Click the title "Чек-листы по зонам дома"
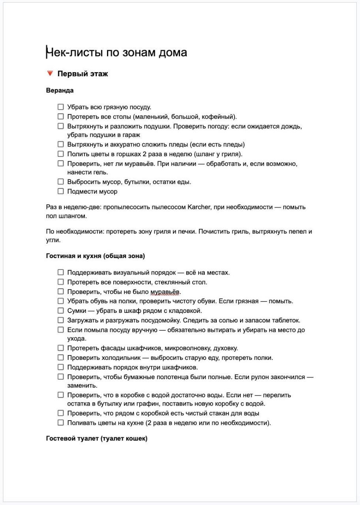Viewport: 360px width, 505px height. tap(116, 52)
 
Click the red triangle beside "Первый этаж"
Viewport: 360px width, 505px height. tap(50, 73)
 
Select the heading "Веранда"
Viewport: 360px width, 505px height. tap(60, 90)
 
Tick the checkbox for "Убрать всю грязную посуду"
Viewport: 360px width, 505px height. tap(60, 107)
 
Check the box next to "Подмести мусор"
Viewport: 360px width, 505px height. tap(60, 191)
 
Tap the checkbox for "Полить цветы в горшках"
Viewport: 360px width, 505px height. tap(60, 154)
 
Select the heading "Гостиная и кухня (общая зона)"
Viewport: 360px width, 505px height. tap(96, 256)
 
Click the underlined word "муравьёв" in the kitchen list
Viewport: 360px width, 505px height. tap(165, 292)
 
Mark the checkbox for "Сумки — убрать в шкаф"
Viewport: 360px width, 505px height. tap(60, 310)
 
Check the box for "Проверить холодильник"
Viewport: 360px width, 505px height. tap(60, 357)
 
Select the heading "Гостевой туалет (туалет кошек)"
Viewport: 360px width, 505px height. tap(97, 438)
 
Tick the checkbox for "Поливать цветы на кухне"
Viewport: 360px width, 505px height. tap(60, 423)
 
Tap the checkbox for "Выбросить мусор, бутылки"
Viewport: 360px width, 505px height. tap(60, 181)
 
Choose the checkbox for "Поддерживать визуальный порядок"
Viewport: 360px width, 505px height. tap(60, 272)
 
